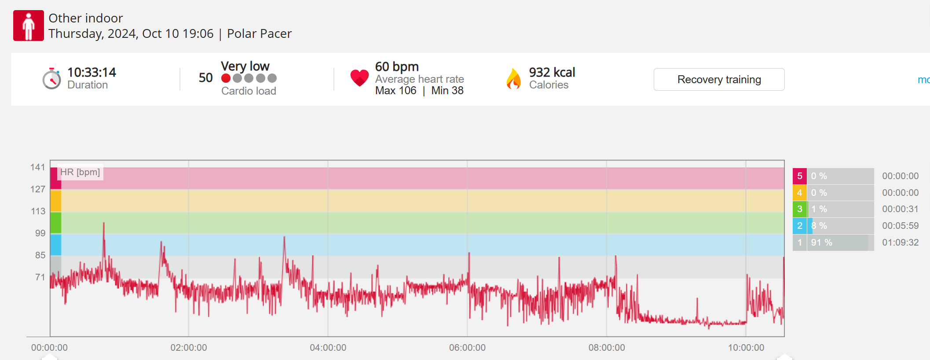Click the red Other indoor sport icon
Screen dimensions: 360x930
[29, 26]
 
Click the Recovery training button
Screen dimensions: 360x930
[719, 80]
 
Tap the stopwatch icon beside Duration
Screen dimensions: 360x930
[51, 79]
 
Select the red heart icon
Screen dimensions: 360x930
[359, 78]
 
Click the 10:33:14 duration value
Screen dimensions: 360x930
[92, 72]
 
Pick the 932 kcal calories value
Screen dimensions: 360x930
[552, 72]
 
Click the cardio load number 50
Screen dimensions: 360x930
[205, 78]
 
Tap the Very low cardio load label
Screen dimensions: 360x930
[245, 66]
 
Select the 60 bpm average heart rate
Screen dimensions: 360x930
[396, 66]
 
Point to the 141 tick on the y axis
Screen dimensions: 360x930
[38, 167]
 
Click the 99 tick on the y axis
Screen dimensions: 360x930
[40, 233]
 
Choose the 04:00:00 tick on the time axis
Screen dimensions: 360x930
[328, 348]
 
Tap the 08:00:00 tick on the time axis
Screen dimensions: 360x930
[606, 348]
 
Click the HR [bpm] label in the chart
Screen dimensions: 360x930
[80, 172]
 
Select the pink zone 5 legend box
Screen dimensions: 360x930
[799, 176]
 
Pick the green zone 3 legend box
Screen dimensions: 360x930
[799, 209]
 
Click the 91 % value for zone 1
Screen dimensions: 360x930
[821, 242]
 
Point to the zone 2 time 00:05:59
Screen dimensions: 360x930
[900, 226]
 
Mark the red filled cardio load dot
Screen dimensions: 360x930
[226, 78]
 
